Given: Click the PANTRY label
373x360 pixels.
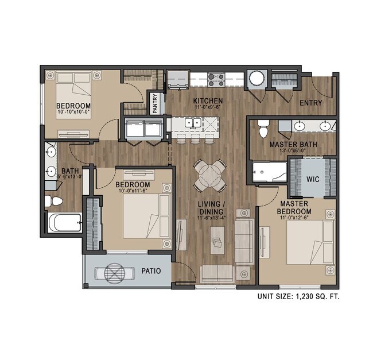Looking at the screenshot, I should (156, 104).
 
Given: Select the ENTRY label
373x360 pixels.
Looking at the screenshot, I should (310, 103).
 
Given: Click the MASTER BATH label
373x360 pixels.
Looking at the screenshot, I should (293, 144).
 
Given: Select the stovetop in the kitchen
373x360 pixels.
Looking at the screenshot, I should (216, 79).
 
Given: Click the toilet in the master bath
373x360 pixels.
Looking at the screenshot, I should (263, 129).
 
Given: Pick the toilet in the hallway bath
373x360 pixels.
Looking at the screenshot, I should (54, 201).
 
